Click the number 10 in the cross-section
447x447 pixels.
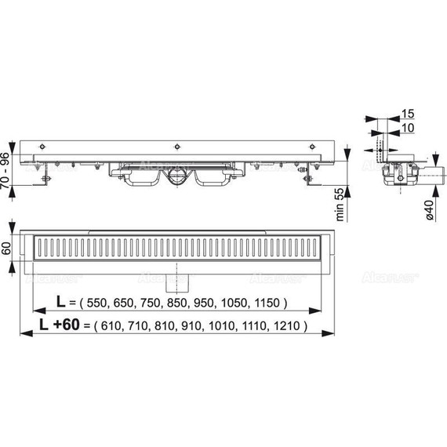click(x=408, y=128)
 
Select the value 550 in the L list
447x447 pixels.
click(x=102, y=303)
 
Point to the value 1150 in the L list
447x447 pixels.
click(x=271, y=303)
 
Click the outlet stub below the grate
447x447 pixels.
click(x=184, y=277)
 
